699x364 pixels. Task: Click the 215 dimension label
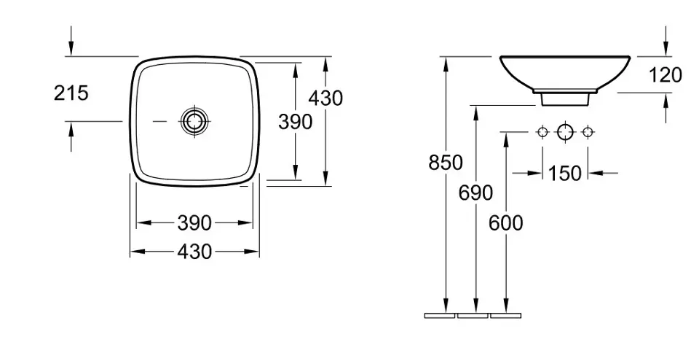pos(71,93)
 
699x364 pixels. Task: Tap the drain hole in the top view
pos(194,121)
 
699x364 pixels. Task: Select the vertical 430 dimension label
pos(326,98)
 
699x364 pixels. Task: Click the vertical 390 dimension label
pos(296,122)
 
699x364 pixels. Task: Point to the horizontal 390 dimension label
pos(194,223)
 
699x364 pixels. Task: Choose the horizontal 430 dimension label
pos(194,252)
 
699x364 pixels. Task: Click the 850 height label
pos(446,163)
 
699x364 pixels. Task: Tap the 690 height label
pos(475,193)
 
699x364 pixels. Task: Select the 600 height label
pos(505,223)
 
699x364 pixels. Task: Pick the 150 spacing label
pos(565,174)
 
